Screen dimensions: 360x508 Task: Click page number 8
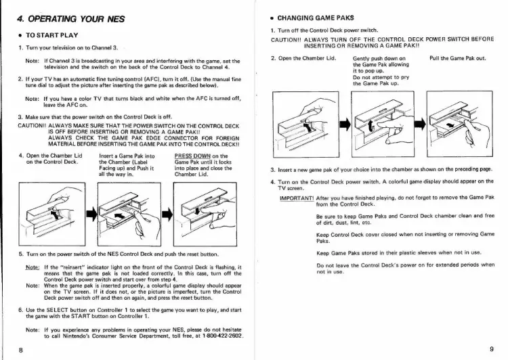[x=22, y=349]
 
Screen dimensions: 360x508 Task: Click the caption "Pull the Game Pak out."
[x=458, y=59]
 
